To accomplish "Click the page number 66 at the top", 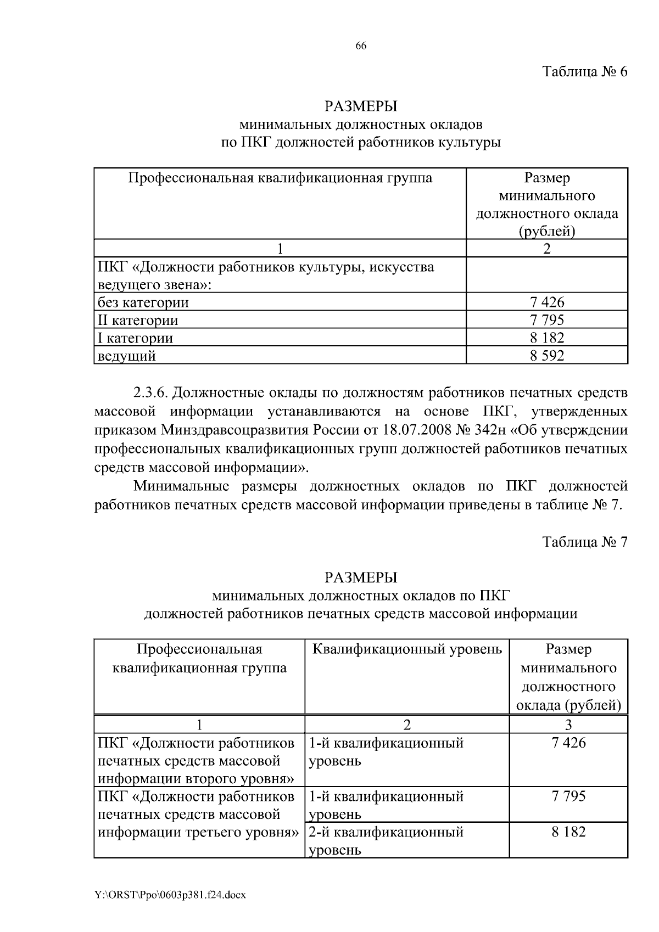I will (x=361, y=47).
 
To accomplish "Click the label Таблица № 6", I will (x=584, y=72).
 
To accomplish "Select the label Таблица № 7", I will (x=584, y=542).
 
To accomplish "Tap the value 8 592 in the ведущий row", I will (x=547, y=356).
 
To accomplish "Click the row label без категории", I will (x=143, y=302).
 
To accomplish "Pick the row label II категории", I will (x=138, y=320).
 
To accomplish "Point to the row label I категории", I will (x=135, y=338).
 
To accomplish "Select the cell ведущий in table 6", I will (x=127, y=356).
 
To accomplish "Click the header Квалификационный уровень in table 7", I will (x=407, y=649).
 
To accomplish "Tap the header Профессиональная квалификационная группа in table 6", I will (x=280, y=178).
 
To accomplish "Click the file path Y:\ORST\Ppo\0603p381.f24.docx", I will (x=170, y=895).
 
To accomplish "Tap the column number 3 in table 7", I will (x=568, y=725).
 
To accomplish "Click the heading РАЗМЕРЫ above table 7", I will (x=361, y=577).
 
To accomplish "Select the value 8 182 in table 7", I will (x=568, y=832).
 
